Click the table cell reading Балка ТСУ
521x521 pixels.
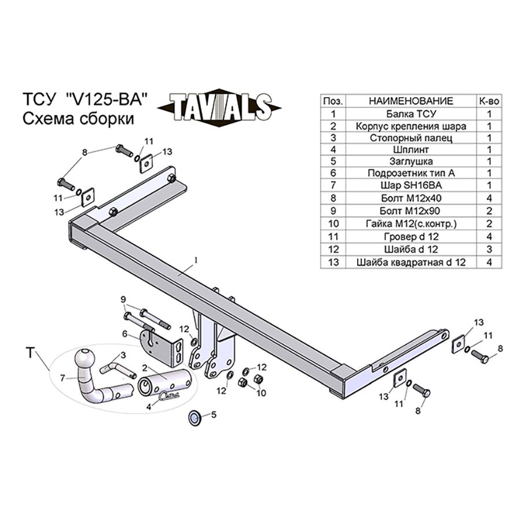[411, 114]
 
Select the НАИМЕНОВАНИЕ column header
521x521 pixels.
[411, 101]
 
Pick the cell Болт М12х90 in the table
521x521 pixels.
[411, 211]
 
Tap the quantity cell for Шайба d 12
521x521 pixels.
[489, 249]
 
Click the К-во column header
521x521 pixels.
[489, 101]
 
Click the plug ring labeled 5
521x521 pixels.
[195, 417]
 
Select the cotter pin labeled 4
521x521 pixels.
[169, 395]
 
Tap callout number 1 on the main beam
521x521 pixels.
[196, 260]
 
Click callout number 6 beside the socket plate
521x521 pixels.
[125, 333]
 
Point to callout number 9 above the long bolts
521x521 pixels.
[124, 300]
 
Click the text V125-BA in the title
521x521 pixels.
[107, 99]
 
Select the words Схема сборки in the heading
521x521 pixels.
[78, 119]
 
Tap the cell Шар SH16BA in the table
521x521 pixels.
[411, 185]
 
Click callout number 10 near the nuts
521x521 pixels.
[261, 392]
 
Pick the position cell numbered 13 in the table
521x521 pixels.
[333, 262]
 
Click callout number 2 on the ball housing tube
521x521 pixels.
[145, 368]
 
